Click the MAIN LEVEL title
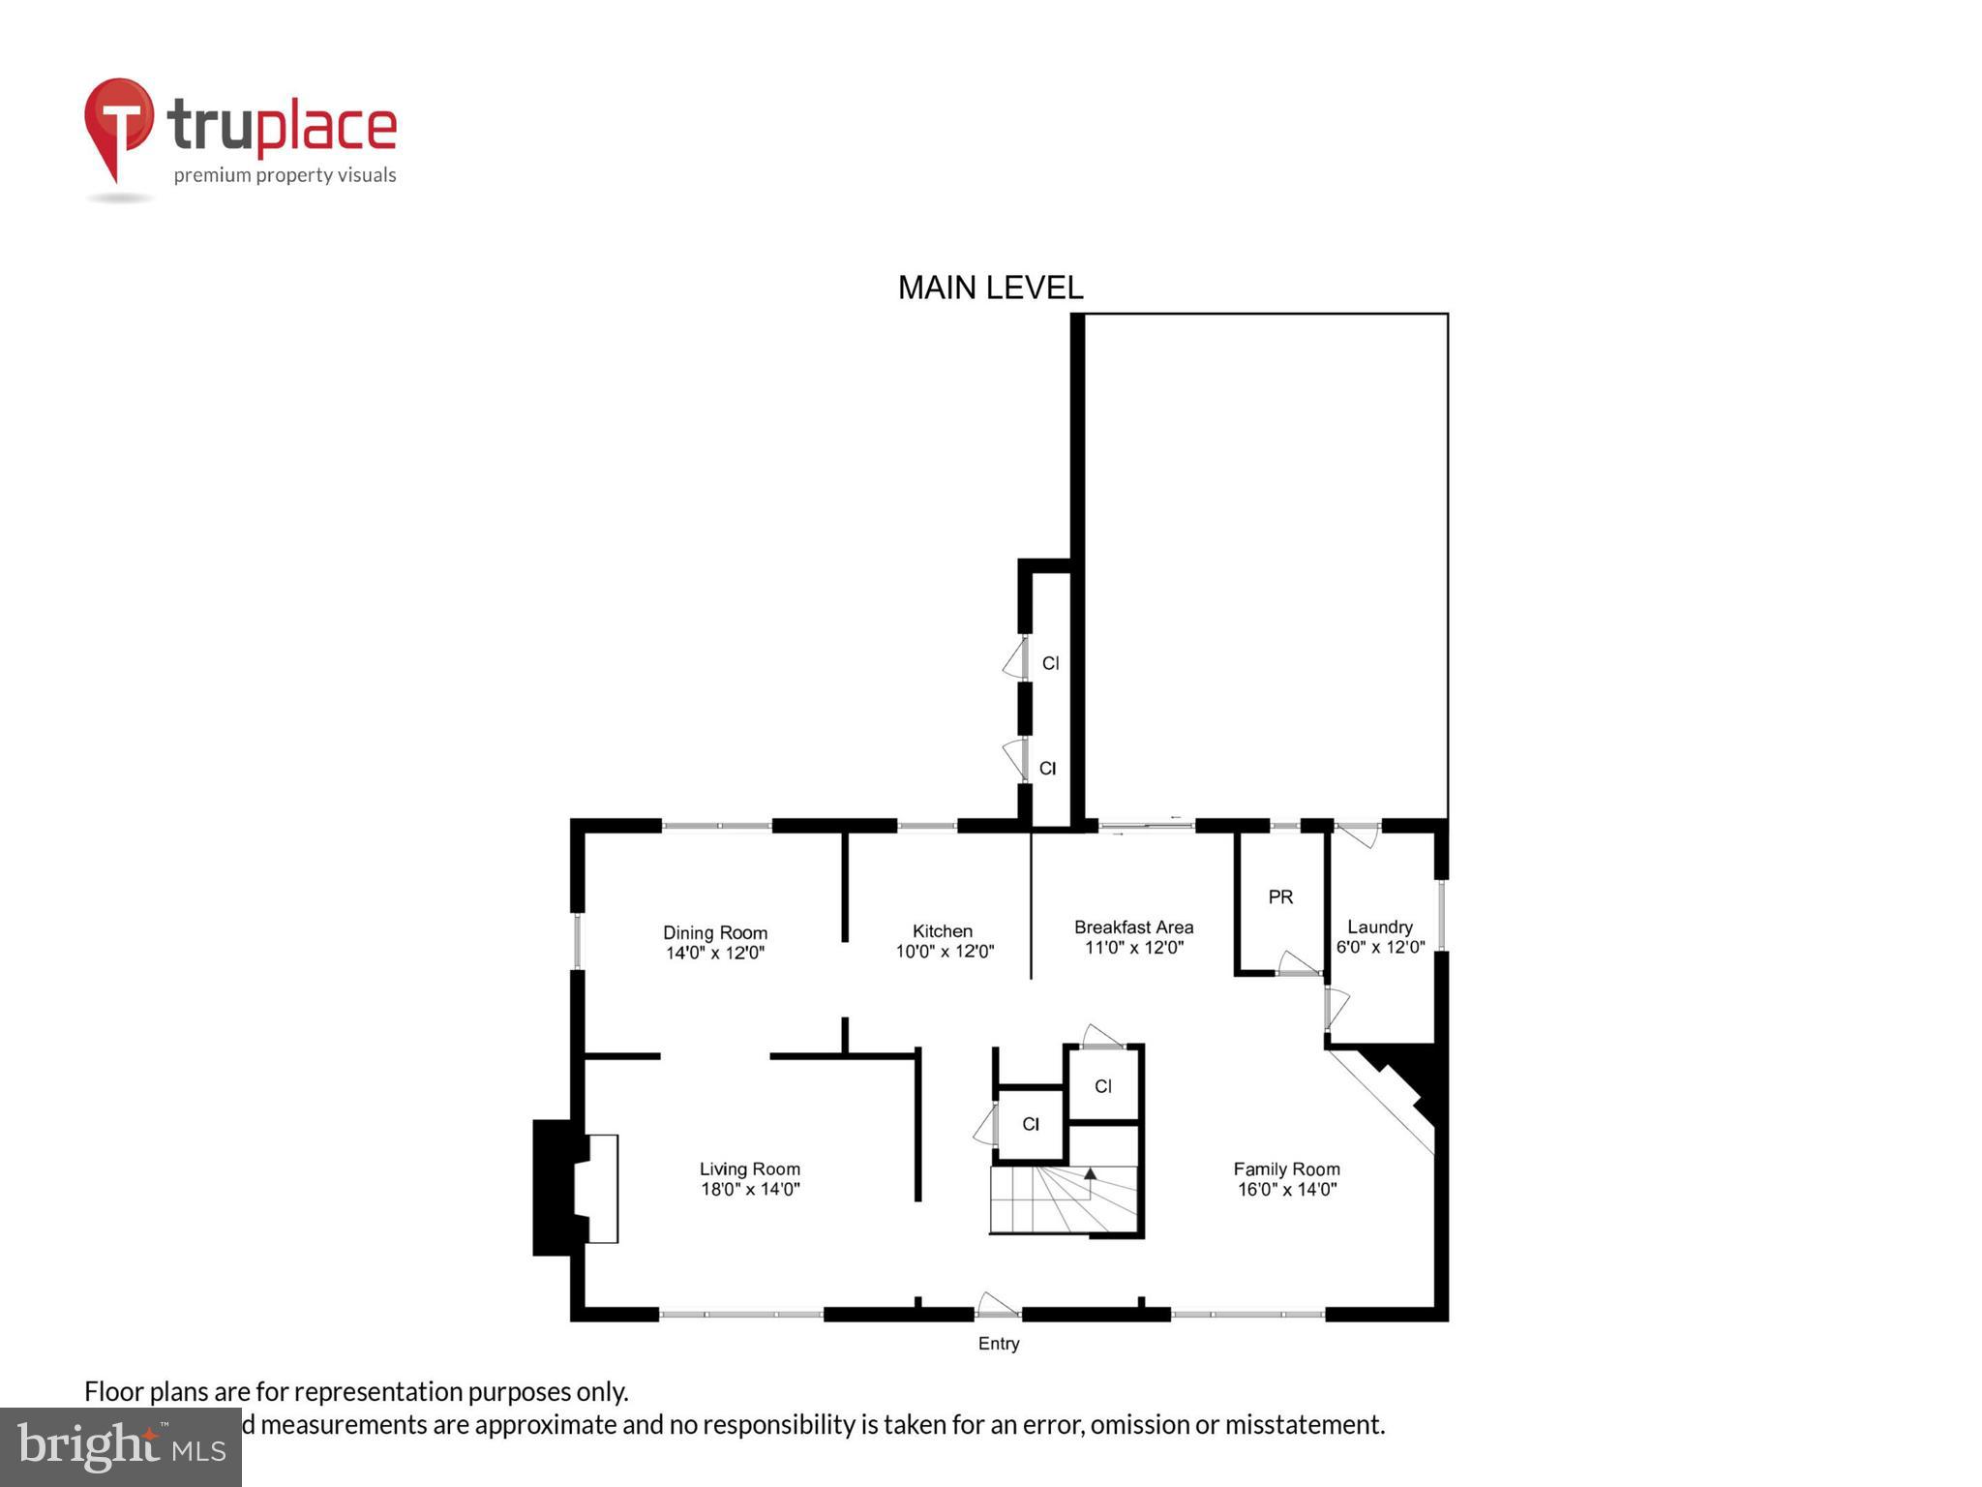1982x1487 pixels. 990,288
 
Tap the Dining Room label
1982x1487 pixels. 714,932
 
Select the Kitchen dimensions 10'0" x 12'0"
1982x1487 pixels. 945,952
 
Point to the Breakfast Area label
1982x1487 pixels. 1133,927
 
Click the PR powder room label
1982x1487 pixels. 1280,897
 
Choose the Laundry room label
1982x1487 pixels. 1379,927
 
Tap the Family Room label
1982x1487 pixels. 1286,1169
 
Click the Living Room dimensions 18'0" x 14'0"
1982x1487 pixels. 750,1190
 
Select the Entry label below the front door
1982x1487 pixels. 998,1344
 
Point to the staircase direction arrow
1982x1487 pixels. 1090,1175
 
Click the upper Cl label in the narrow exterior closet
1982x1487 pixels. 1050,663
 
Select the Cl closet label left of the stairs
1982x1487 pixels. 1031,1124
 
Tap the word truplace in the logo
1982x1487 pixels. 282,127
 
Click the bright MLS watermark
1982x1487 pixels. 121,1446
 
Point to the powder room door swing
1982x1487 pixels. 1296,963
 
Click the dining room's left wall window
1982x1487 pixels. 578,941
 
